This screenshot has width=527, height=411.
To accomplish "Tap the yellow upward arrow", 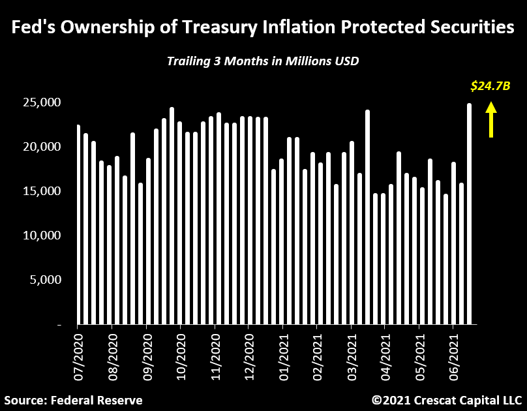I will click(x=491, y=122).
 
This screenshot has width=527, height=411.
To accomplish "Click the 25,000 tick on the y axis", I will click(x=42, y=102).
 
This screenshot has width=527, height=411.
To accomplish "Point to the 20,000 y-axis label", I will click(x=42, y=147).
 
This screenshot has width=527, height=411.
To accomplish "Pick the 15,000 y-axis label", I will click(x=42, y=191).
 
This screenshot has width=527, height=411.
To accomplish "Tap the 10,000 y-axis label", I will click(x=42, y=235).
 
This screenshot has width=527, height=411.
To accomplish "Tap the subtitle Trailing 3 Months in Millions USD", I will click(x=263, y=61).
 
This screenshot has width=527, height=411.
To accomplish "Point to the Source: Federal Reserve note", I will click(x=73, y=399).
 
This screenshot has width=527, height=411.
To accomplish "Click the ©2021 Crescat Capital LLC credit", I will click(x=447, y=399).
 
